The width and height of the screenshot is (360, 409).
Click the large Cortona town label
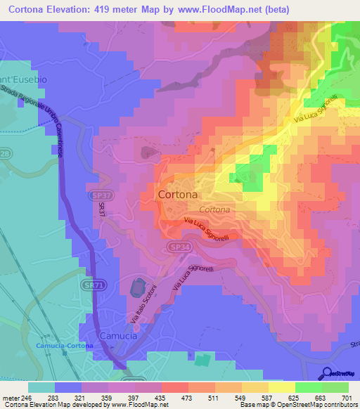(x=177, y=194)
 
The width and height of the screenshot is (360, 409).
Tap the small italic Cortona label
(x=214, y=210)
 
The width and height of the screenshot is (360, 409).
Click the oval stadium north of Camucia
(x=137, y=287)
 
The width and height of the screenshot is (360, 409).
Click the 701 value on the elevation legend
(x=347, y=397)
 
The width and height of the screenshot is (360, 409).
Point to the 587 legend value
(x=268, y=397)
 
